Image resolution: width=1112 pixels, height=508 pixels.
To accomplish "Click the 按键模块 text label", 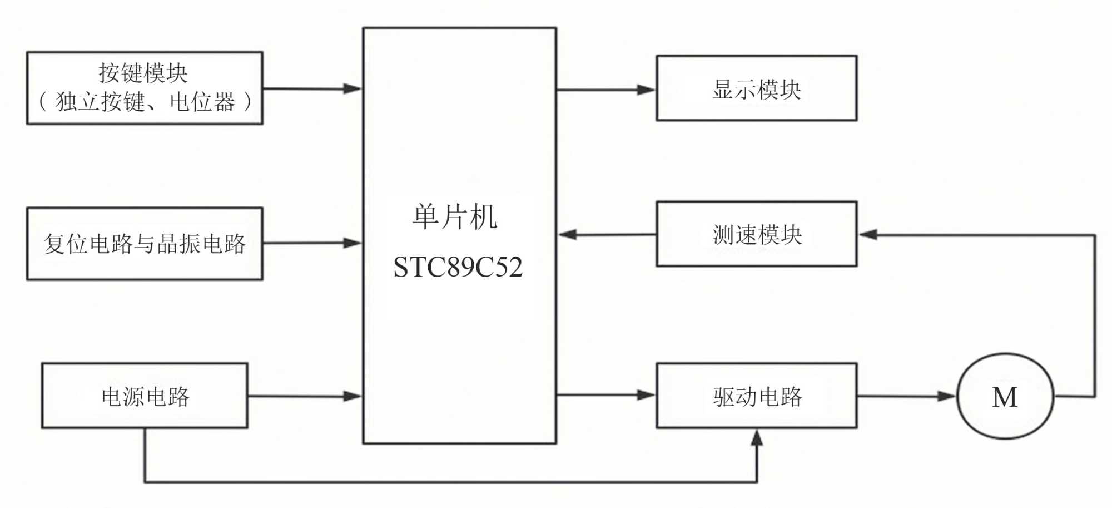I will [x=143, y=73].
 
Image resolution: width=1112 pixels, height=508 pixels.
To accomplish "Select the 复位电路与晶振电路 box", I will [x=145, y=244].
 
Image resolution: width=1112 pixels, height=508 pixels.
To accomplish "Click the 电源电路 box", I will [x=145, y=396].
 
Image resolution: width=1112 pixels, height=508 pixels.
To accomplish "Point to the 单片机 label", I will [x=455, y=216].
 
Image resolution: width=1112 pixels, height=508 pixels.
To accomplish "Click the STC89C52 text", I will [x=458, y=267].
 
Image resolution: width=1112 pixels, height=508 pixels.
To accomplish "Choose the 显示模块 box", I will [x=757, y=88].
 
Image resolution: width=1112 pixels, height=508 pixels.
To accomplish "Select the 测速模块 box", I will [x=757, y=234].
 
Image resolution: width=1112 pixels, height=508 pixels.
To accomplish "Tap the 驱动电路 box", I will [x=757, y=396].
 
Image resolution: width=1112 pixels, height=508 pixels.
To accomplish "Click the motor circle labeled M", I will [x=1005, y=396].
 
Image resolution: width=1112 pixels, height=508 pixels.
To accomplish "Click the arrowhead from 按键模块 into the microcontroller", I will [x=353, y=88].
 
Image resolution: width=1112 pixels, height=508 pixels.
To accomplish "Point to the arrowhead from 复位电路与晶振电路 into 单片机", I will [x=353, y=243].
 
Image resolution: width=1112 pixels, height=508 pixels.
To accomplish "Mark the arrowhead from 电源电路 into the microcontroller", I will [x=353, y=396].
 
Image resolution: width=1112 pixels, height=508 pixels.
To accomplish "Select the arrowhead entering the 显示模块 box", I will [x=646, y=90].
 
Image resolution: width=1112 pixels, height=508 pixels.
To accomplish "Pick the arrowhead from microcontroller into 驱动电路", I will [x=646, y=395].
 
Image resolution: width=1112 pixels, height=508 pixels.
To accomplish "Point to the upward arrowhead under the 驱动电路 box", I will [x=757, y=438].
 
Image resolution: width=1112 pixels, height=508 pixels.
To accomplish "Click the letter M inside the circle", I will [x=1005, y=397].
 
